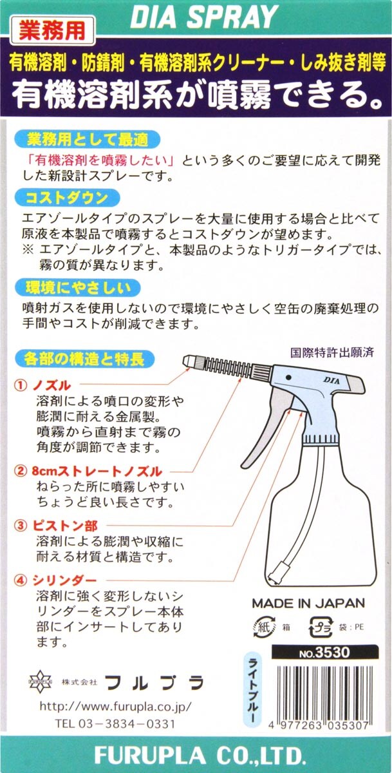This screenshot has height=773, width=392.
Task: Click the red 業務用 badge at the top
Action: [x=52, y=30]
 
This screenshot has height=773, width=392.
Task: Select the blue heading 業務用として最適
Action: [x=88, y=140]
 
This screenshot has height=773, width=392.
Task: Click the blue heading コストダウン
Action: [x=67, y=198]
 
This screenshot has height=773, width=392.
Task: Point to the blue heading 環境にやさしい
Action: [x=78, y=288]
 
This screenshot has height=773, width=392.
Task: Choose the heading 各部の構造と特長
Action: [x=84, y=359]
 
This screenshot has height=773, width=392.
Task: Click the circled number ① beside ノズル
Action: [x=21, y=385]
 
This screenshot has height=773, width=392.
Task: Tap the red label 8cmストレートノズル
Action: [x=97, y=471]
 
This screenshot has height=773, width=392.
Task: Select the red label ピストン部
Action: [x=65, y=526]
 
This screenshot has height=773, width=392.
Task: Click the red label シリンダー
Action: [x=64, y=580]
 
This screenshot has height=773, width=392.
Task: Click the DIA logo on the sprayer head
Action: [x=331, y=381]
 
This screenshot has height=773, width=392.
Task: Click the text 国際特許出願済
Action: [x=332, y=352]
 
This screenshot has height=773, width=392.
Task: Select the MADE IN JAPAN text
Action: [x=308, y=604]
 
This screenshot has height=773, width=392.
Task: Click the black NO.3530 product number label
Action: [x=325, y=652]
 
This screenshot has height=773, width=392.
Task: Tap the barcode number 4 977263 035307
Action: [x=319, y=725]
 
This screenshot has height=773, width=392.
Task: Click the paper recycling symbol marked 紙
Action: [x=264, y=627]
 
